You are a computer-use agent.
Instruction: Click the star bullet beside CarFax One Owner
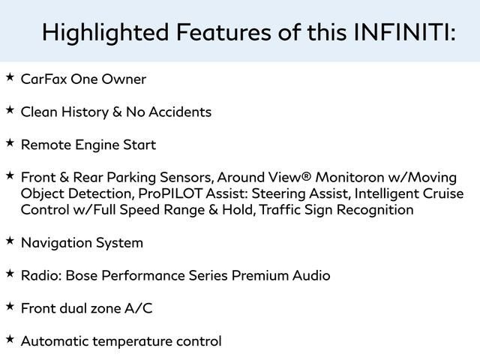pos(10,77)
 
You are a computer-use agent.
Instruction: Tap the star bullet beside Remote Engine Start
pos(10,143)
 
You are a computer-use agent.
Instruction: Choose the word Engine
pos(97,145)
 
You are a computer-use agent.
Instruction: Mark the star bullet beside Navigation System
pos(10,241)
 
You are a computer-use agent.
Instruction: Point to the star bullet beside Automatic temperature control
pos(10,340)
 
